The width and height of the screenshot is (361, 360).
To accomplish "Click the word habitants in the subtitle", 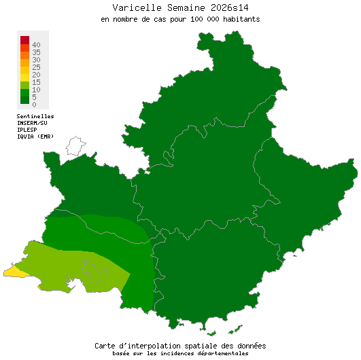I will (x=238, y=19).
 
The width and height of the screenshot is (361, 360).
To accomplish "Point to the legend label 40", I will (x=36, y=45).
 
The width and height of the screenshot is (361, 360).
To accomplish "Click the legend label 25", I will (x=36, y=67).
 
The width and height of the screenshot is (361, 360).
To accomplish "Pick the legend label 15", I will (x=36, y=82).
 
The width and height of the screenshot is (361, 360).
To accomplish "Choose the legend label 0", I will (x=34, y=105).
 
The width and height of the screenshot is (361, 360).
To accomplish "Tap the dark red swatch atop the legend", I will (x=24, y=39).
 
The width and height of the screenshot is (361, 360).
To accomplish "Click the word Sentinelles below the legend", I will (x=35, y=117).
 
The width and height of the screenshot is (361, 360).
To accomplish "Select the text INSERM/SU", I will (x=32, y=123).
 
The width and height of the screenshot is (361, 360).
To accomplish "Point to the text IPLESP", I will (x=27, y=130).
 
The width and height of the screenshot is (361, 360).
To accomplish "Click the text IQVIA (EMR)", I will (x=35, y=137).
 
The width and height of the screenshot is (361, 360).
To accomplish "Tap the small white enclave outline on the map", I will (x=75, y=145).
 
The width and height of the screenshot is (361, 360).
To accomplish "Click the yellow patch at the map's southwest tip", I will (x=14, y=272).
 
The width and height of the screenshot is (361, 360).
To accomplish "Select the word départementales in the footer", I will (x=220, y=353).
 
